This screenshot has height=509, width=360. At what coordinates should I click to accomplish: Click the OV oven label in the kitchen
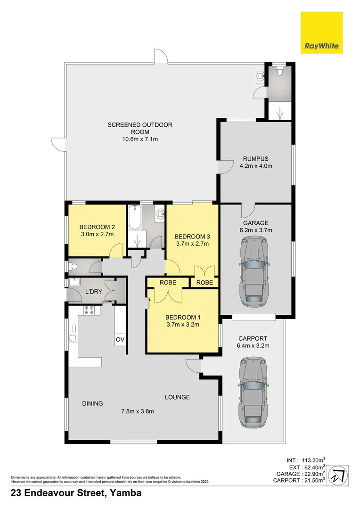120,339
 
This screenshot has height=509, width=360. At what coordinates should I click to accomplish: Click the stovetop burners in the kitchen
89,310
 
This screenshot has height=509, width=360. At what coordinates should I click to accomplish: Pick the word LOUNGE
177,397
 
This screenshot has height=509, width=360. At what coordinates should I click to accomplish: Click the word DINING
92,403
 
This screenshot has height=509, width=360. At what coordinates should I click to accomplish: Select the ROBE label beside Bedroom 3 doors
204,283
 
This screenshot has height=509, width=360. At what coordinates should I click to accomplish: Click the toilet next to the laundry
74,267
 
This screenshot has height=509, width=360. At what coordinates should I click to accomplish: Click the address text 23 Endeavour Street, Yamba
76,493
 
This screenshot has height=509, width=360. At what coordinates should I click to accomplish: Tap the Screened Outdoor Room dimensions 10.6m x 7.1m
140,140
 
